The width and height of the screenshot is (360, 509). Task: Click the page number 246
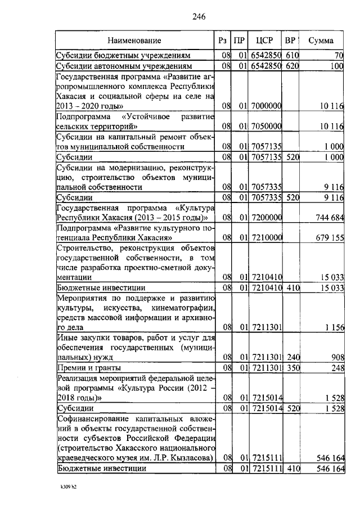(198, 16)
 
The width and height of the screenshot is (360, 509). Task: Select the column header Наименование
(135, 40)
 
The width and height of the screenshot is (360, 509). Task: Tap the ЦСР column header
(264, 40)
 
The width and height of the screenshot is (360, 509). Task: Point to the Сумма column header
(321, 40)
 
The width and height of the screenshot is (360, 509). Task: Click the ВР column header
(291, 40)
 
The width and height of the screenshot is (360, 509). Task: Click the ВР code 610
(291, 56)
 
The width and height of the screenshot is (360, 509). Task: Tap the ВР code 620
(291, 66)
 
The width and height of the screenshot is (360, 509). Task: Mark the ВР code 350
(291, 367)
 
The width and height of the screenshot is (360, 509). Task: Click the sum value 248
(336, 367)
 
